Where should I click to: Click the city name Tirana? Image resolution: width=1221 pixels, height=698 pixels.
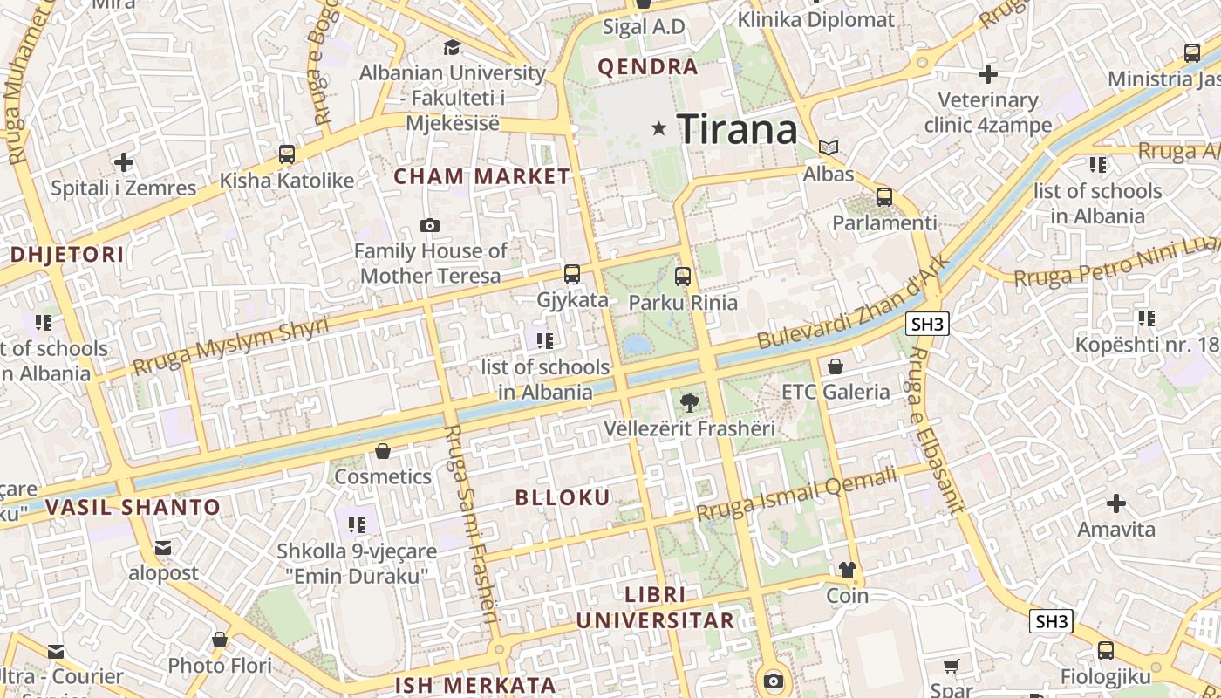(737, 129)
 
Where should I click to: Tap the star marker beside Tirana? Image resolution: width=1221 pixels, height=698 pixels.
(659, 128)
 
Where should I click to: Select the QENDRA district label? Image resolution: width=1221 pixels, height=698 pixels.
(648, 66)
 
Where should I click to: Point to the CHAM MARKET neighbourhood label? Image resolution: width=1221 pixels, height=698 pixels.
(481, 176)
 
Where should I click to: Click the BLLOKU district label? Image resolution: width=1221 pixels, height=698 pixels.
(563, 497)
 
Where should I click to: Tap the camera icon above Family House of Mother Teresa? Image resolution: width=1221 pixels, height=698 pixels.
(429, 225)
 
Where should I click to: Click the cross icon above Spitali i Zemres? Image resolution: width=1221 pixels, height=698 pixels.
(124, 162)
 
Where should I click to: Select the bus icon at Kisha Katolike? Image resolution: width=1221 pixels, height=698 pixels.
(287, 154)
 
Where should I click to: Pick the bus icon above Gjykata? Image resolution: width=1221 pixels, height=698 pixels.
(572, 273)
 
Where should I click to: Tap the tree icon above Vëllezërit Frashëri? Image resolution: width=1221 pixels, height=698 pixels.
(689, 402)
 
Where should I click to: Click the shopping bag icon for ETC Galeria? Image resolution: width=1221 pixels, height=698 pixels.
(836, 366)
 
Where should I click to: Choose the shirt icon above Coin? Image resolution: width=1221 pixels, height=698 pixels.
(848, 570)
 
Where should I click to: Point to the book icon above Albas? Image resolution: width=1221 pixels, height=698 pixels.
(829, 147)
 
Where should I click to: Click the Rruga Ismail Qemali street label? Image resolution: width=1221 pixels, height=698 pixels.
(797, 494)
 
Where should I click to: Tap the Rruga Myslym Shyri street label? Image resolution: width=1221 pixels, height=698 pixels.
(231, 345)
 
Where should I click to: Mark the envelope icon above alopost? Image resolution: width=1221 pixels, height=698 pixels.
(163, 548)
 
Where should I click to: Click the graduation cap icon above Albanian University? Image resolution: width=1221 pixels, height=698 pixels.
(452, 47)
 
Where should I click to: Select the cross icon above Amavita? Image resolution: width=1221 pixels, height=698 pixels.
(1115, 503)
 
